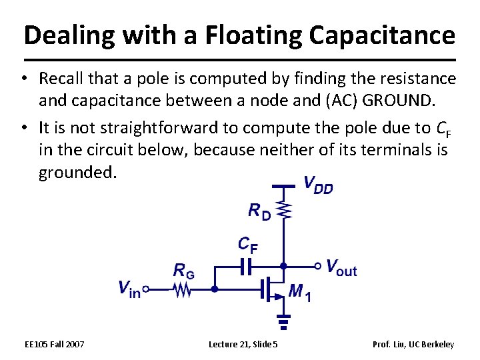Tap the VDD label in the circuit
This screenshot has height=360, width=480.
coord(318,185)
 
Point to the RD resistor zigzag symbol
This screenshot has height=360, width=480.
coord(285,211)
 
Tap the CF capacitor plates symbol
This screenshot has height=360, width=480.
coord(246,267)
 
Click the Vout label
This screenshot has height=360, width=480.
coord(341,268)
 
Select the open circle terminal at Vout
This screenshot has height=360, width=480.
coord(318,265)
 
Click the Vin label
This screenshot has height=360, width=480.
coord(129,289)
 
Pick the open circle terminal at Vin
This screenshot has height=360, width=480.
coord(145,289)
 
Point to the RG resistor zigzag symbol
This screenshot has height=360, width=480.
coord(181,289)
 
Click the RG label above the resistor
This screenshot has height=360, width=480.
coord(183,270)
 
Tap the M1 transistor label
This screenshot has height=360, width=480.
coord(299,291)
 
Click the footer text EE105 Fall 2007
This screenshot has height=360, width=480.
coord(54,344)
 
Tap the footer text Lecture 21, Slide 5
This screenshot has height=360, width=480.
coord(243,344)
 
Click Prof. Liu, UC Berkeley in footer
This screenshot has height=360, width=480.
coord(413,344)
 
